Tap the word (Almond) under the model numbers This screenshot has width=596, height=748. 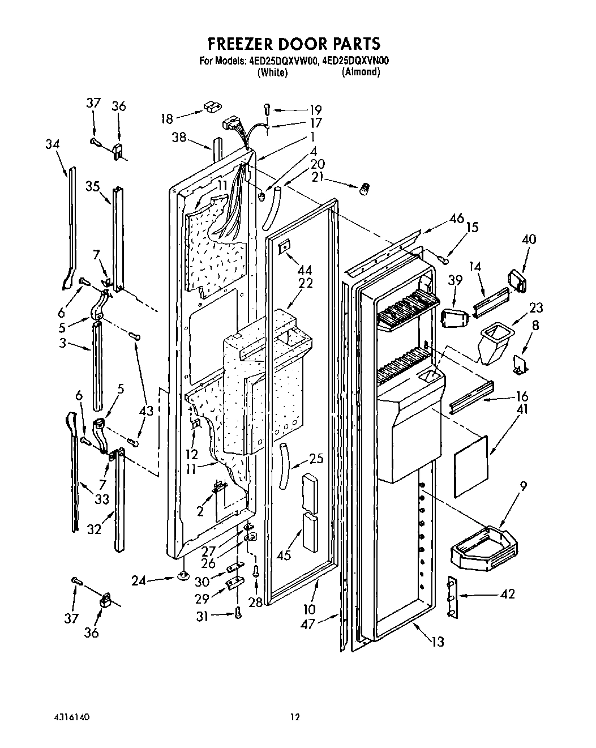361,72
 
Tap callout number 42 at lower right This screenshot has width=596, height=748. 507,594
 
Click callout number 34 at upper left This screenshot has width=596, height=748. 52,144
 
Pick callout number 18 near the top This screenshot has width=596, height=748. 167,118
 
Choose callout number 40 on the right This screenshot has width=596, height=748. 528,240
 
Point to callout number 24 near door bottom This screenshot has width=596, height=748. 139,580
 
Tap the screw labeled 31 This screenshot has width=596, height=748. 238,612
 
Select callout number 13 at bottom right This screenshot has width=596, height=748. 437,642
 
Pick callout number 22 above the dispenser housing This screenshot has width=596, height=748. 306,284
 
